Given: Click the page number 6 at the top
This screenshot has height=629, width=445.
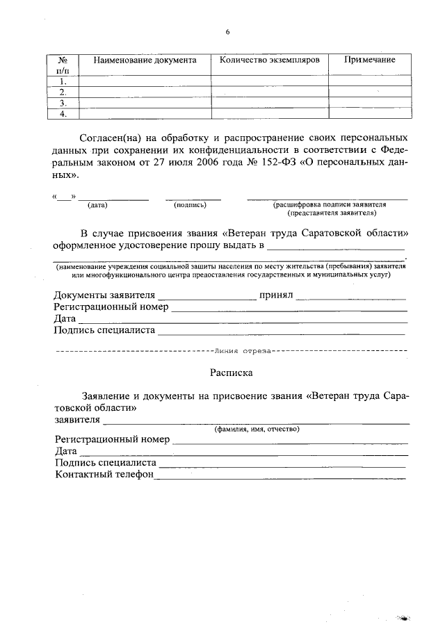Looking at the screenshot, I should (227, 31).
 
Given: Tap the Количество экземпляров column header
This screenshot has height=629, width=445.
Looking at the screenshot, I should (269, 60).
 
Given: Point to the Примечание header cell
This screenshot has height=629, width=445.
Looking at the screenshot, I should (369, 60).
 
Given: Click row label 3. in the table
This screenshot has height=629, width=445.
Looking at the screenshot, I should (63, 103).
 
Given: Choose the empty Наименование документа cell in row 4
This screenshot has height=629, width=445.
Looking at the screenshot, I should (145, 114).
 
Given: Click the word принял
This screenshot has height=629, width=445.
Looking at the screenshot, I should (276, 295).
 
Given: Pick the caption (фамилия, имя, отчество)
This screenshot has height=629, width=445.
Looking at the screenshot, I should (257, 430).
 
